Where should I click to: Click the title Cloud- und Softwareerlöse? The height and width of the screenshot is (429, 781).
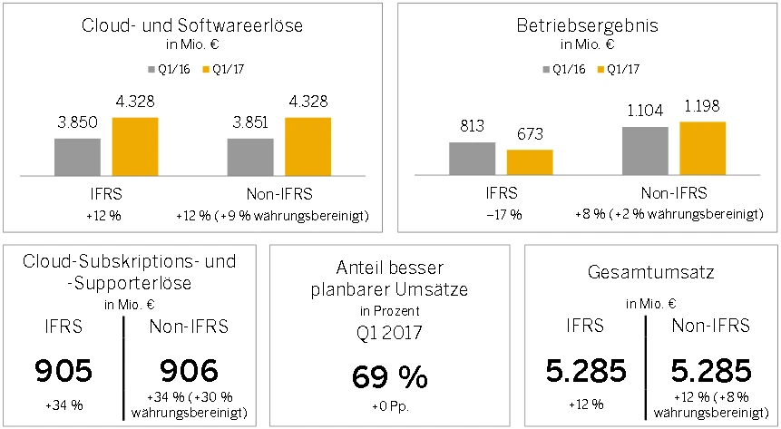click(193, 26)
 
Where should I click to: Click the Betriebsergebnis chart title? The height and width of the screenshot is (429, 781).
click(588, 26)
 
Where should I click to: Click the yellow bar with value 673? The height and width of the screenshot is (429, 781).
click(530, 161)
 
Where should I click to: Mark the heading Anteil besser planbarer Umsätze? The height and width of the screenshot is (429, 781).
click(389, 280)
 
